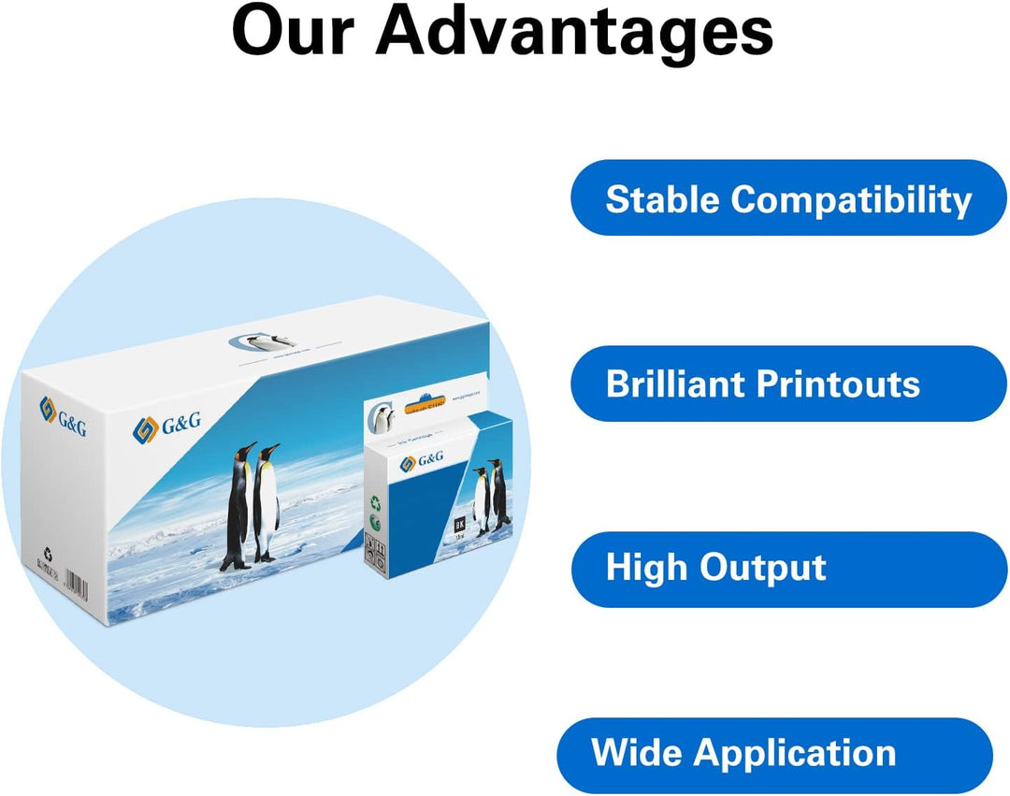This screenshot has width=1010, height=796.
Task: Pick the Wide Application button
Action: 775,754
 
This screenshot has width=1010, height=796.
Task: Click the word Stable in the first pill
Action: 663,199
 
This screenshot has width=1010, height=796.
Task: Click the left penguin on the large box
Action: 239,505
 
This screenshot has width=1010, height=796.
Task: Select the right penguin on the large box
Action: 267,503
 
